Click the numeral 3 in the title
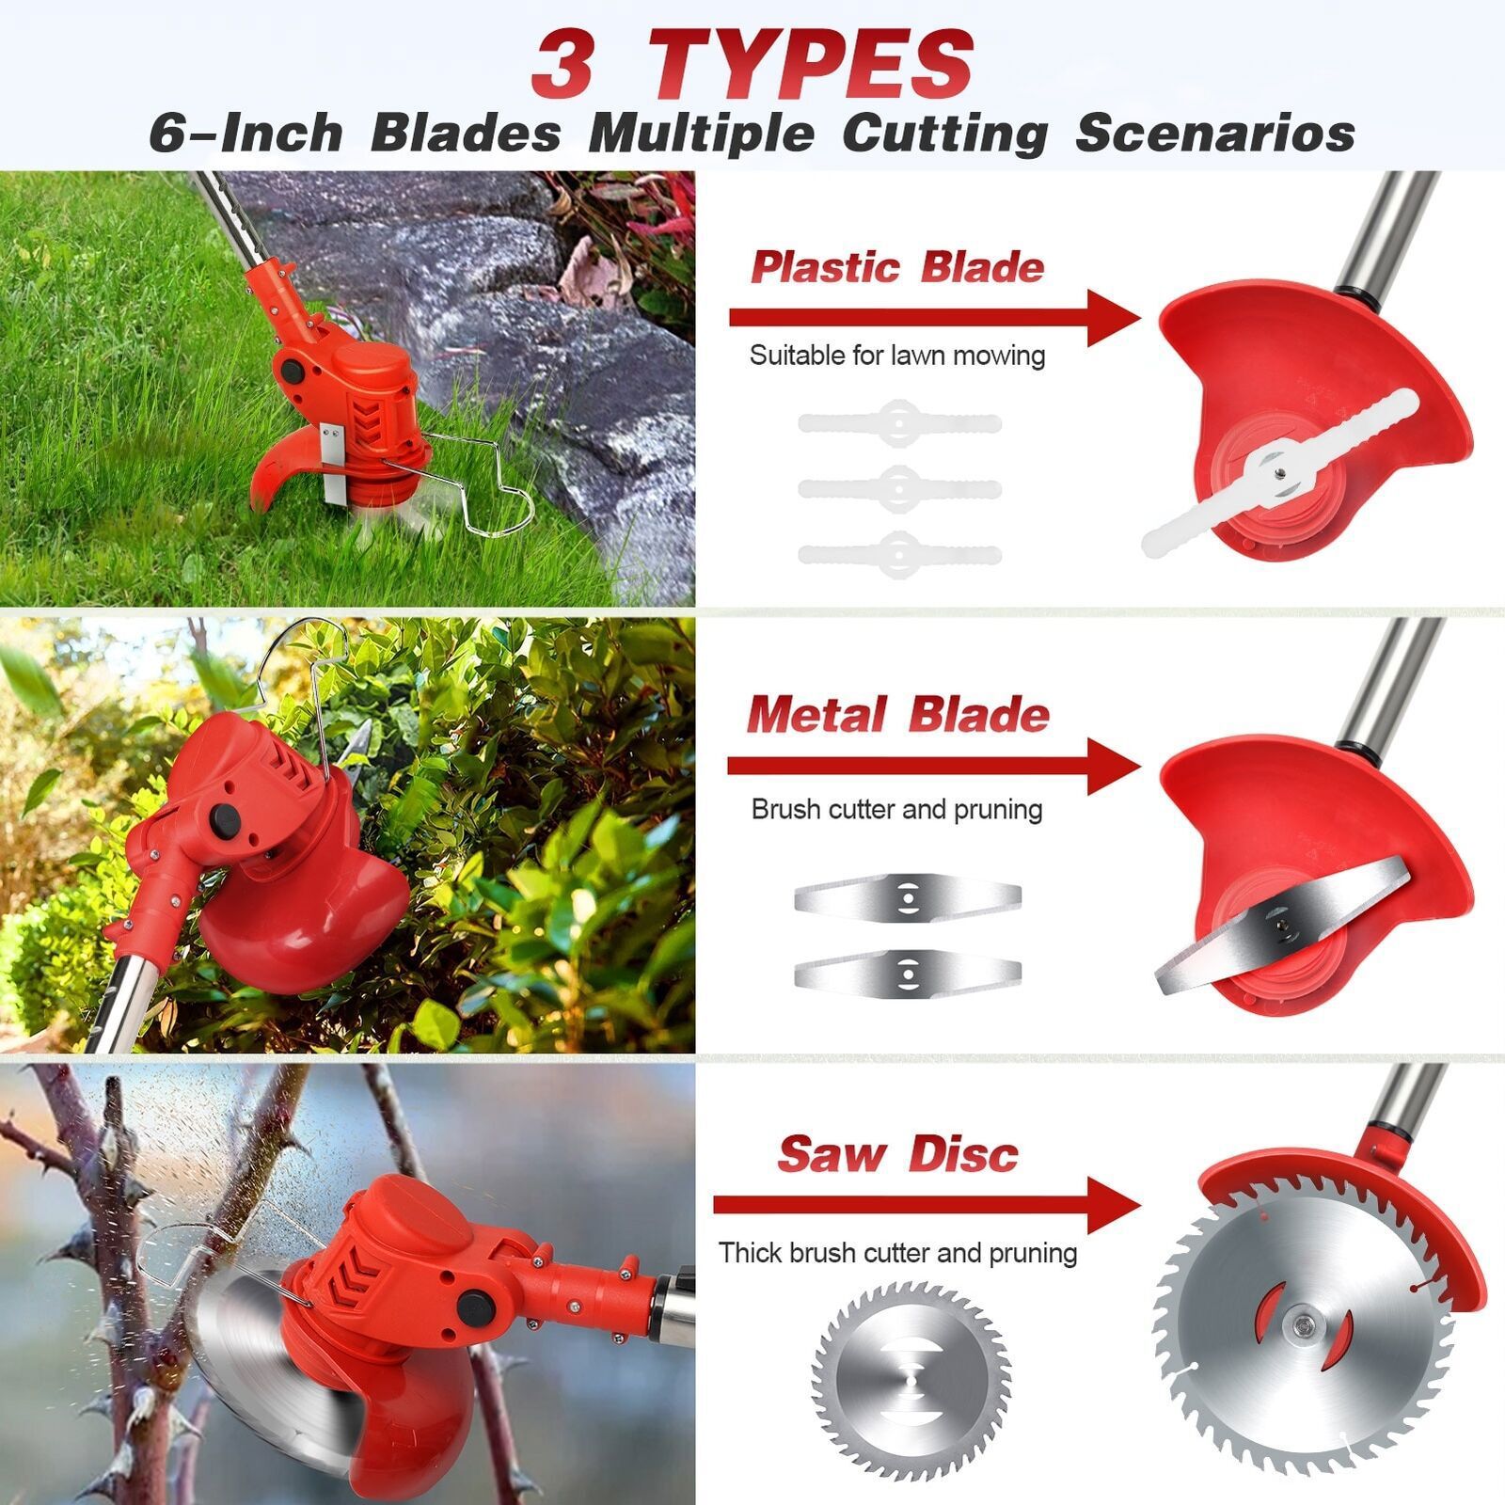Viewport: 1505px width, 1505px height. pos(562,64)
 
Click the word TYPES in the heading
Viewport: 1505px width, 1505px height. pos(810,64)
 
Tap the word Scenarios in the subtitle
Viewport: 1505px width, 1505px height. pos(1214,133)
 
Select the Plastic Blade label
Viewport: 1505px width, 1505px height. pos(897,268)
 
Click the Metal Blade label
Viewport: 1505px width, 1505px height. pos(897,715)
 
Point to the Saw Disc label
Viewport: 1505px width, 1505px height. pos(897,1154)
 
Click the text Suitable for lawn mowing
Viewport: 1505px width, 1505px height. pos(897,356)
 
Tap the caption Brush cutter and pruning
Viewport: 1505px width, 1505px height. pos(896,810)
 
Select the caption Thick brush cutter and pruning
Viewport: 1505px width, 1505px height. pos(897,1253)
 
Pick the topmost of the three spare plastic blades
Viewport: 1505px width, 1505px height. pos(899,422)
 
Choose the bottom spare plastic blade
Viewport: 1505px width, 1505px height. pos(899,554)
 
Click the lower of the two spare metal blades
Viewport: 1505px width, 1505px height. pos(907,969)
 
